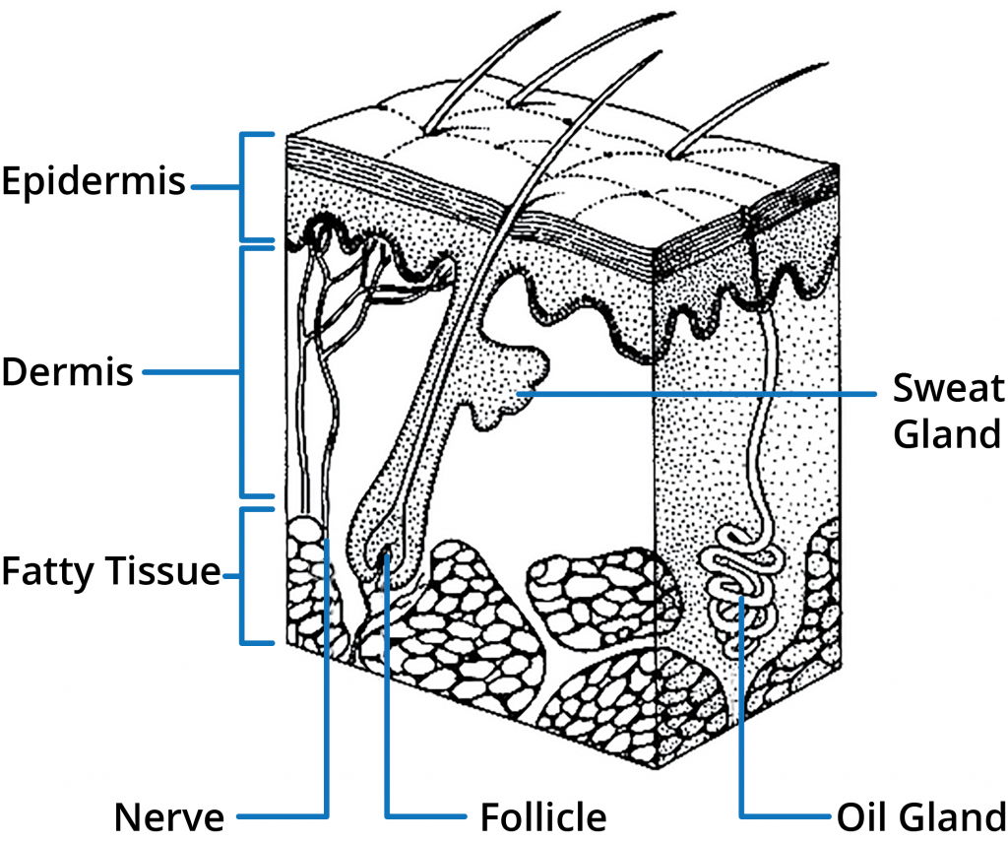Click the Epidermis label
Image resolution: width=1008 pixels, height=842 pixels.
click(x=94, y=182)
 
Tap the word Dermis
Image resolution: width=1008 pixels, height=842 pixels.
click(x=67, y=372)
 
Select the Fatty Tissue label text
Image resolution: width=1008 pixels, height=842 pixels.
click(x=110, y=571)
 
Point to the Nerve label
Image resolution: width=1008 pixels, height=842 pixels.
click(x=168, y=816)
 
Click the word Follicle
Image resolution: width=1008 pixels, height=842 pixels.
click(x=542, y=816)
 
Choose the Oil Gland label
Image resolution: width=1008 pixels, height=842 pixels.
click(x=920, y=816)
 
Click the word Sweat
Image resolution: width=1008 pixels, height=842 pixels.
click(x=947, y=388)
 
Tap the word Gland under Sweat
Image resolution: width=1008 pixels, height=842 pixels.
click(x=947, y=432)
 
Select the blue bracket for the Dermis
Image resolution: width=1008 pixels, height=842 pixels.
click(x=244, y=372)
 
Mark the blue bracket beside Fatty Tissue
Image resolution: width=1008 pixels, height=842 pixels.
click(x=244, y=575)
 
